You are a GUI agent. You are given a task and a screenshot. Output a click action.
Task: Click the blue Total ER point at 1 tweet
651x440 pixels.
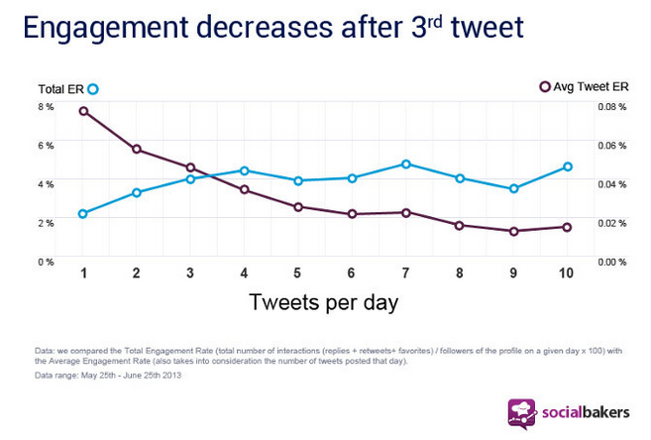tap(83, 213)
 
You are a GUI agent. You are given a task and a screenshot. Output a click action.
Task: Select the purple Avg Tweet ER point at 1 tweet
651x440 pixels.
tap(83, 111)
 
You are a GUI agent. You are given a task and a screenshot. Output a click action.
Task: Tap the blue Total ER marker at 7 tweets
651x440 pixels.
tap(406, 164)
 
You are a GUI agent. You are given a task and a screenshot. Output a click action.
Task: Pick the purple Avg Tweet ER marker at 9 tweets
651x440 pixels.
tap(513, 231)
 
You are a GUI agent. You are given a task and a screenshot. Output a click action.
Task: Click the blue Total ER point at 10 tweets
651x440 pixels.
tap(567, 166)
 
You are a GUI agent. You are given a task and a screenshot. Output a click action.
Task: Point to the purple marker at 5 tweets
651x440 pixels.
tap(298, 206)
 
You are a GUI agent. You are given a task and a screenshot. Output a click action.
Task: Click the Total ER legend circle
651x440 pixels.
tap(93, 89)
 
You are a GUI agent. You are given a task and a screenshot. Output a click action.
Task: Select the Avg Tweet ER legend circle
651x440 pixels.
tap(544, 87)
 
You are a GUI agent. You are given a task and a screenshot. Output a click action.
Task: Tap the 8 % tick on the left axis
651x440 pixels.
tap(47, 106)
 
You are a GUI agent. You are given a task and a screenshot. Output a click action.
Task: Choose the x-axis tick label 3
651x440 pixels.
tap(190, 274)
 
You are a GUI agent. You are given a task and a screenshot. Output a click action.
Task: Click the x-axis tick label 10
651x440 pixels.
tap(566, 274)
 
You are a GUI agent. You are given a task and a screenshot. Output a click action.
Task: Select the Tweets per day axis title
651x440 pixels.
tap(323, 302)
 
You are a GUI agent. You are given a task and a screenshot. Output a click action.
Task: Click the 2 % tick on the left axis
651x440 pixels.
tap(47, 223)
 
